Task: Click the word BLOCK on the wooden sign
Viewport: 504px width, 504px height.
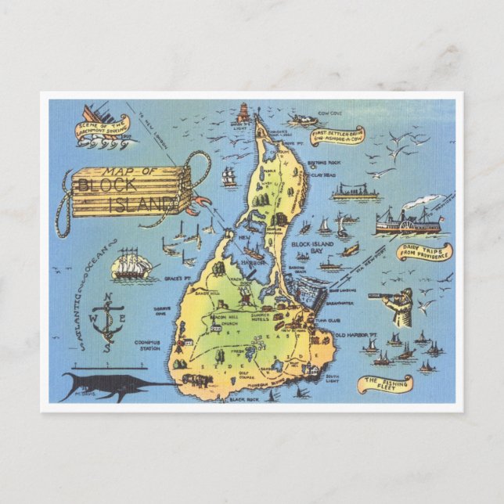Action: click(107, 185)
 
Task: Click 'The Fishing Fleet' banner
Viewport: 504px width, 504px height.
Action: click(385, 383)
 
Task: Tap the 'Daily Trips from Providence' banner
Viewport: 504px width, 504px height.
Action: click(424, 252)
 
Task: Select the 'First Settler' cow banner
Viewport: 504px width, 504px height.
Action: click(337, 135)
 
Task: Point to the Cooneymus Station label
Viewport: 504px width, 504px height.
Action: click(147, 344)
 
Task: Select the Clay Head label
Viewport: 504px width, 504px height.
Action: click(322, 175)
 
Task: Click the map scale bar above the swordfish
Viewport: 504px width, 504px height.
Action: click(102, 365)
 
